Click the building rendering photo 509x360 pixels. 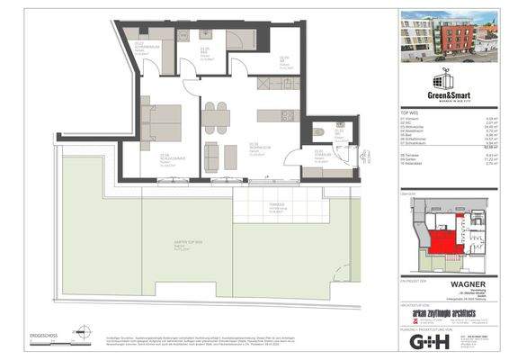445,37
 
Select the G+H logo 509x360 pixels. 430,341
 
